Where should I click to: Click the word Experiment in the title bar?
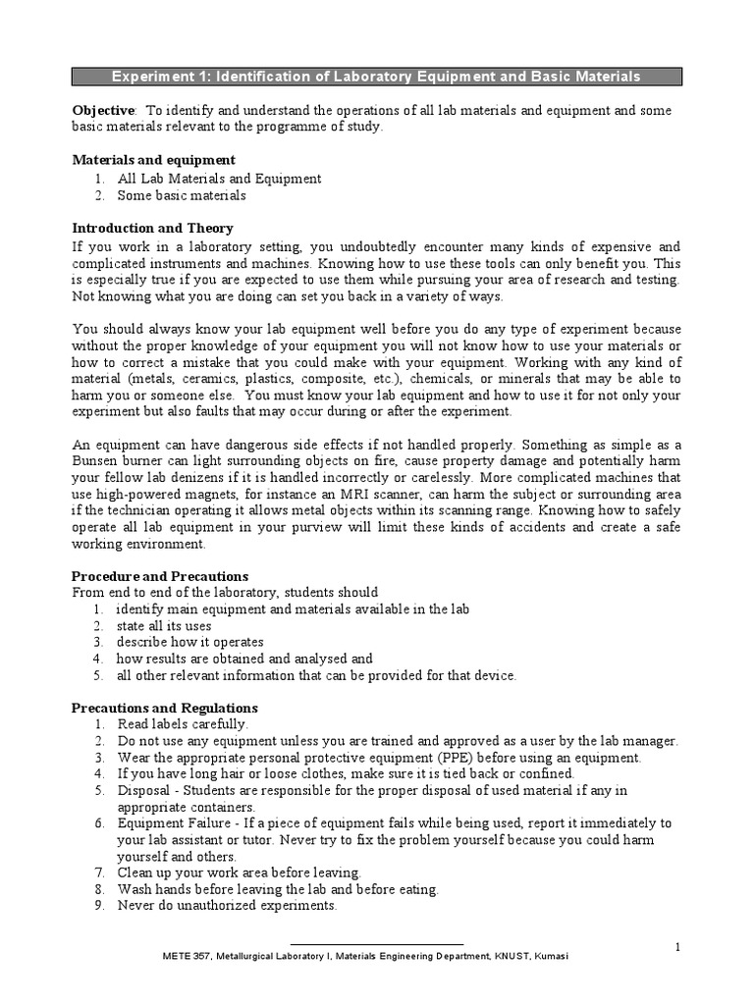tap(147, 77)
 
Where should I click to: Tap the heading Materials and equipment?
tap(154, 160)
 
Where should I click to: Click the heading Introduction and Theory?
tap(153, 228)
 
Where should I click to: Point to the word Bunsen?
tap(97, 461)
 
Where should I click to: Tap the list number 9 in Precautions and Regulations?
tap(98, 906)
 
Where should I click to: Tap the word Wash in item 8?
tap(135, 889)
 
